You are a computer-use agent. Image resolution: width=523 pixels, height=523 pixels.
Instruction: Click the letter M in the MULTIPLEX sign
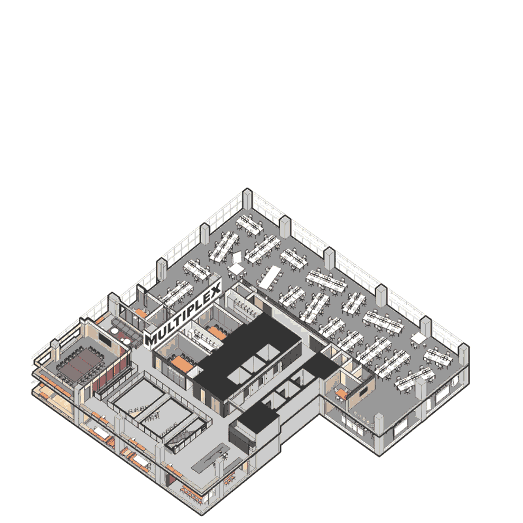pos(151,340)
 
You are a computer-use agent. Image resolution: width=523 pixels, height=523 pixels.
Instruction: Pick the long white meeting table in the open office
pos(269,277)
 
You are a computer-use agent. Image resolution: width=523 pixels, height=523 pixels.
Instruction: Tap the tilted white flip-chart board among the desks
pos(237,257)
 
